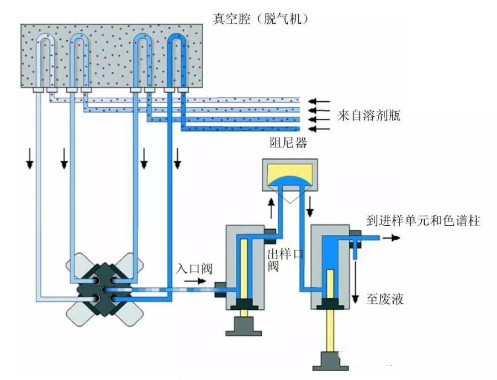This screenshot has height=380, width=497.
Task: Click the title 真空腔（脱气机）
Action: click(x=260, y=19)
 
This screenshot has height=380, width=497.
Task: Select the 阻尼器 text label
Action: click(x=288, y=143)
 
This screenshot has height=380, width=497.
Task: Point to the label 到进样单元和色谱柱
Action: click(x=423, y=221)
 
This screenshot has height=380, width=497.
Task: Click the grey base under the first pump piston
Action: click(x=242, y=325)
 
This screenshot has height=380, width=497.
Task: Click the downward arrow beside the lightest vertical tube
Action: click(x=30, y=161)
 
